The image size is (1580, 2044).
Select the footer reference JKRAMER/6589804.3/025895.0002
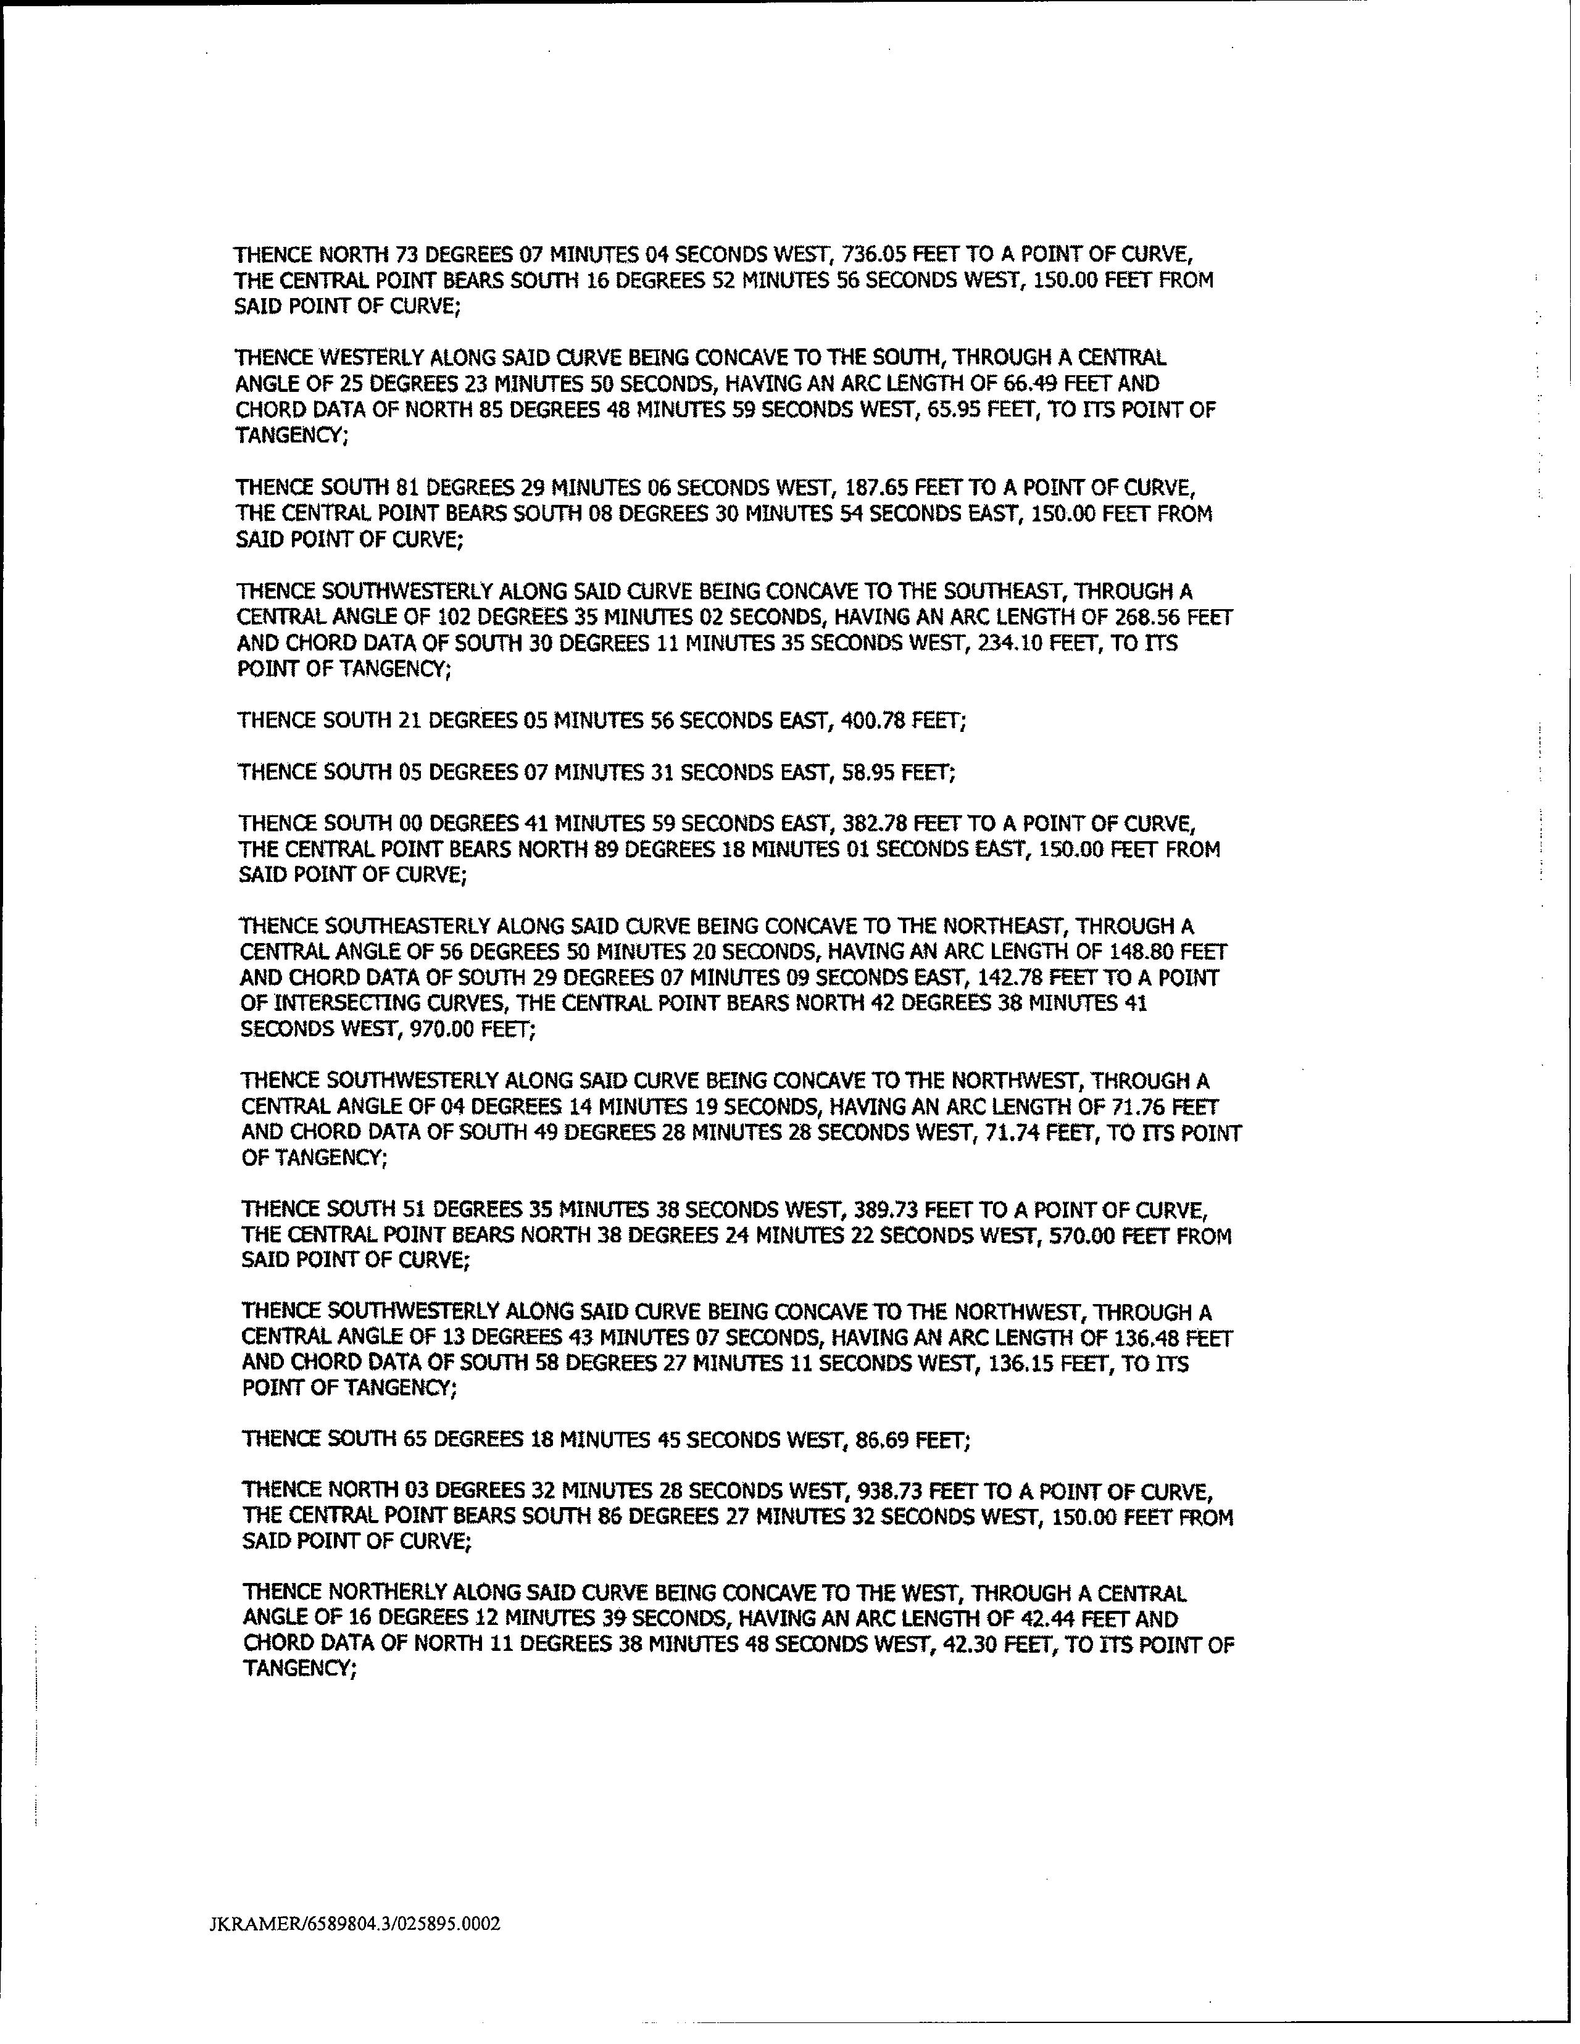(355, 1923)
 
